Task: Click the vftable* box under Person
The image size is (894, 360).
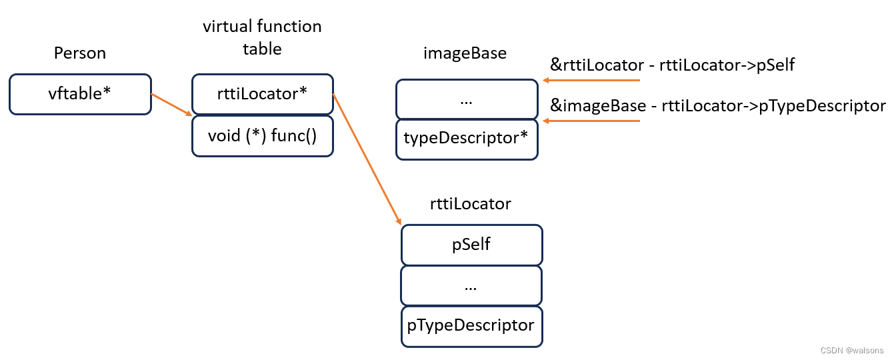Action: pyautogui.click(x=80, y=94)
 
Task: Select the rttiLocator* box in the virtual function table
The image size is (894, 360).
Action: pyautogui.click(x=262, y=94)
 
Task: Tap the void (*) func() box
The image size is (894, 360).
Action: pyautogui.click(x=262, y=136)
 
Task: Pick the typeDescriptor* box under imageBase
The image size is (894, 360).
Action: pyautogui.click(x=466, y=139)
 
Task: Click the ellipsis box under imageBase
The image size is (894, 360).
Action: pyautogui.click(x=466, y=99)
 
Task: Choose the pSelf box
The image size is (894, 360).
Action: pyautogui.click(x=471, y=245)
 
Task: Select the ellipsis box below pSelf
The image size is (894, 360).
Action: pyautogui.click(x=471, y=285)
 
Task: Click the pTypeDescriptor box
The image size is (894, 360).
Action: pyautogui.click(x=471, y=326)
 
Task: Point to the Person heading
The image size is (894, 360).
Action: pyautogui.click(x=80, y=53)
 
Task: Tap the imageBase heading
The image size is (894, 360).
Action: pyautogui.click(x=465, y=53)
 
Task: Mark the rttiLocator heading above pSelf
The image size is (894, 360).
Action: pyautogui.click(x=471, y=203)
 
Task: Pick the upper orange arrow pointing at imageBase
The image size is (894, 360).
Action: pyautogui.click(x=591, y=81)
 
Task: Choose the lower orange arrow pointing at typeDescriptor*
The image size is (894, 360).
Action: pyautogui.click(x=591, y=121)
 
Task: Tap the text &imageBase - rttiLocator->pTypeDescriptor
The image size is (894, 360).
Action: pyautogui.click(x=717, y=105)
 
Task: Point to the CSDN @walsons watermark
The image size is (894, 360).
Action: pyautogui.click(x=851, y=350)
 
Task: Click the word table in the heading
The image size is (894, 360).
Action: pyautogui.click(x=262, y=49)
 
